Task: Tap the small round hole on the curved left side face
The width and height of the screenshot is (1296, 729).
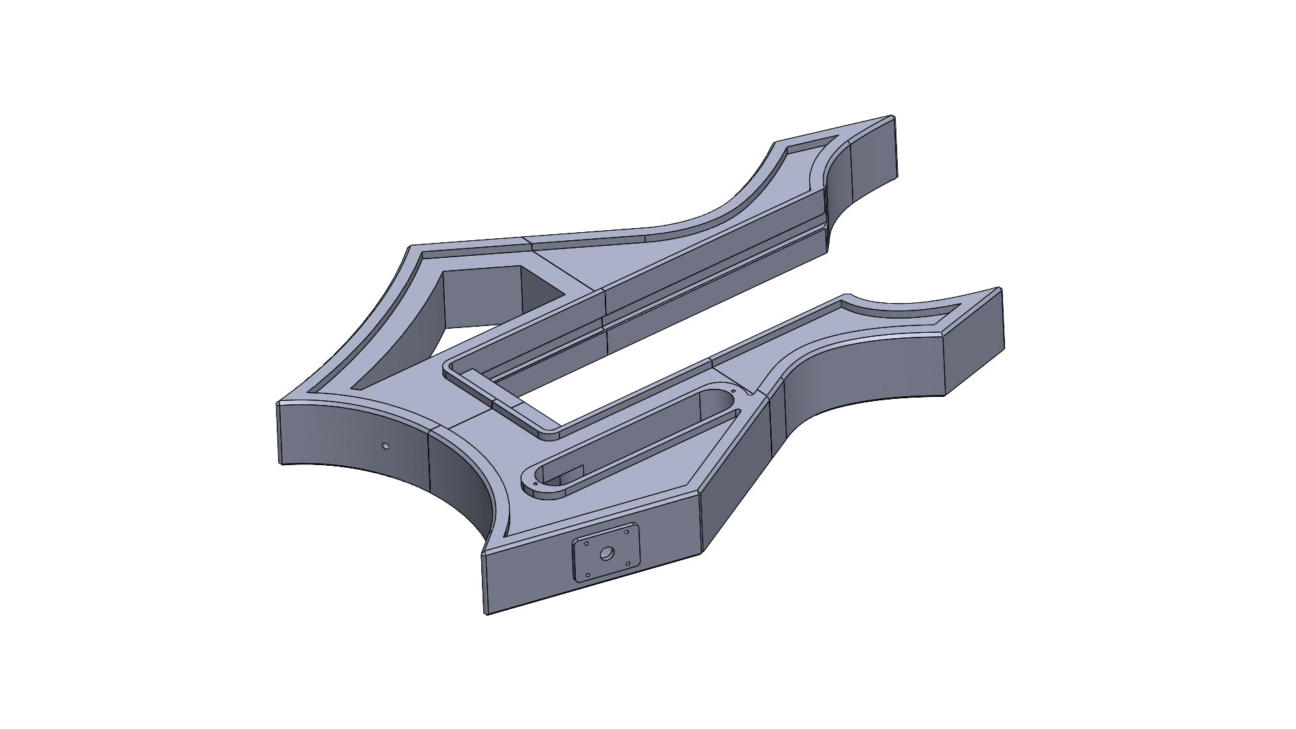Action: point(385,446)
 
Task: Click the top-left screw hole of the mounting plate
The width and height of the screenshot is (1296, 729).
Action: point(587,543)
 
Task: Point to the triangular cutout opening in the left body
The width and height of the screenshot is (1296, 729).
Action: point(473,304)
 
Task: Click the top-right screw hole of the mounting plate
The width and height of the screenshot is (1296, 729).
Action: point(626,532)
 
